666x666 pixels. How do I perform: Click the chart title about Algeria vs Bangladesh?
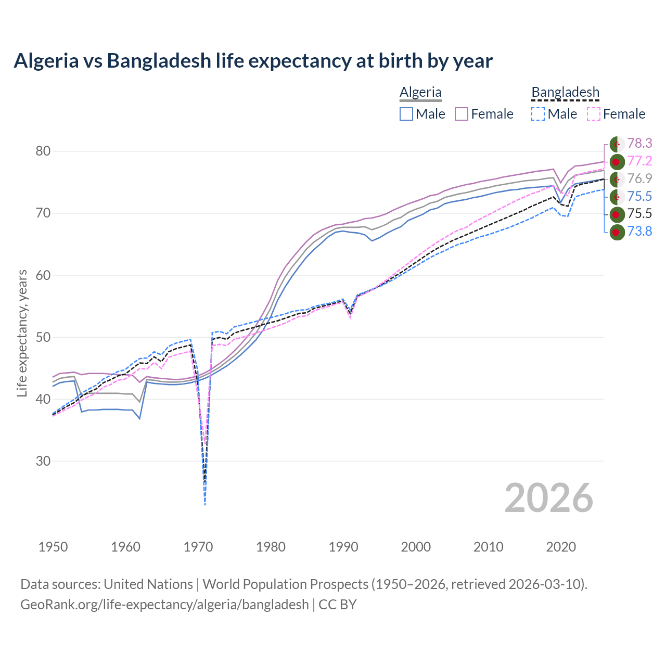253,61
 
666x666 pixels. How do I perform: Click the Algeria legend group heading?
420,92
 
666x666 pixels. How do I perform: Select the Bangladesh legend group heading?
565,92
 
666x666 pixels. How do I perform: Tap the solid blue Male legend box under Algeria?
406,114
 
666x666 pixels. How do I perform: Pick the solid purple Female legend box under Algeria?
462,114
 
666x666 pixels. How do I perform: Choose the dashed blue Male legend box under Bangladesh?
538,114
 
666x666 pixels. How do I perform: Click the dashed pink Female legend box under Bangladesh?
594,114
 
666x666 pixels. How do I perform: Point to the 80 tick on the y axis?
43,151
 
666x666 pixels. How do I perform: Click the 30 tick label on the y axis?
43,461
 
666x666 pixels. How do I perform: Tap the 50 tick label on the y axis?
43,337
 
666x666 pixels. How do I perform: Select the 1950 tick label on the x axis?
53,547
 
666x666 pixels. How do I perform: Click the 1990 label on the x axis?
343,547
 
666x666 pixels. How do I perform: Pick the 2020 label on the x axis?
561,547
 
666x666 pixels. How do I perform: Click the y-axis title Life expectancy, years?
22,333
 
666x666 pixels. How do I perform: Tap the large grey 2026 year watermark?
548,498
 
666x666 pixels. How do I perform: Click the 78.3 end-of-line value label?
639,144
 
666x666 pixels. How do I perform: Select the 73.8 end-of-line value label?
639,232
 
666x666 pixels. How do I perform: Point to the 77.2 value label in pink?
639,161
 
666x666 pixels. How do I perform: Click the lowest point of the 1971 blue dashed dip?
205,505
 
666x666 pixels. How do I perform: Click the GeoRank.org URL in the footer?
164,605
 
